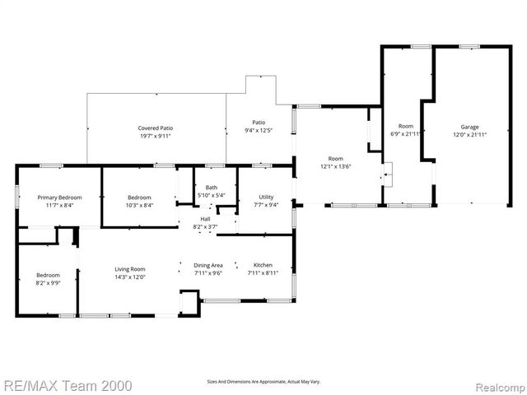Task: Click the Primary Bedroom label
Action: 58,197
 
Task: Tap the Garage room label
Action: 469,127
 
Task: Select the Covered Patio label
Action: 155,128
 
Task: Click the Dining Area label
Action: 208,265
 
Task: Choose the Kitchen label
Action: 263,265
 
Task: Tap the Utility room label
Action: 266,197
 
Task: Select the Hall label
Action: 205,219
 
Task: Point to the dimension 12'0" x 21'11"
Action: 469,135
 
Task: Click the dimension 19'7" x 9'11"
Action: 155,136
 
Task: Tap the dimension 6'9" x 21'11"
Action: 405,134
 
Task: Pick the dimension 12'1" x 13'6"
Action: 335,166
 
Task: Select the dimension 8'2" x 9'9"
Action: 47,282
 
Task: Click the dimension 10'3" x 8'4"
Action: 139,205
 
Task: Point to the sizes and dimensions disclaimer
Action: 263,382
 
